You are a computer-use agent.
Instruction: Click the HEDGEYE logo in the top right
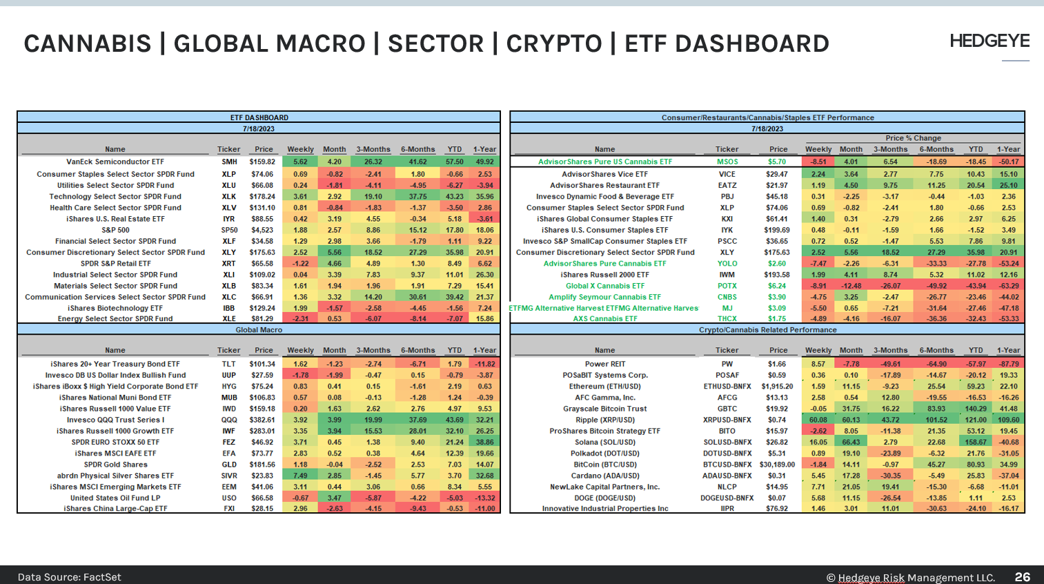(x=989, y=41)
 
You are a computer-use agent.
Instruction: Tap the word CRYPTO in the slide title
(x=554, y=43)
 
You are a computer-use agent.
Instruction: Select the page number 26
(x=1022, y=576)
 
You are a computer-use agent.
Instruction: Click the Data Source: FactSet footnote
(x=69, y=577)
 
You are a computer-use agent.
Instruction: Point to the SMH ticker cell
(x=229, y=162)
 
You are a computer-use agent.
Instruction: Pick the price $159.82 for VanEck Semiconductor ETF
(x=263, y=162)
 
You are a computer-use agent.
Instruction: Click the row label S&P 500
(x=115, y=230)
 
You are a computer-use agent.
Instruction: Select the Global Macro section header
(x=259, y=330)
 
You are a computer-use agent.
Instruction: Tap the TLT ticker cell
(x=229, y=364)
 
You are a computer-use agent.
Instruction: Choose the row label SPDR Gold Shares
(x=115, y=465)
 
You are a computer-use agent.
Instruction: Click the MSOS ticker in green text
(x=727, y=162)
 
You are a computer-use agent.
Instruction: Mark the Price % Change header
(x=913, y=138)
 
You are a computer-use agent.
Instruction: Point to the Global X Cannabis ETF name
(x=604, y=286)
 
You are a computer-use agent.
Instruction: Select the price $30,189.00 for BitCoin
(x=778, y=465)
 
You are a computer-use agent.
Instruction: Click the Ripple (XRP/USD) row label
(x=604, y=420)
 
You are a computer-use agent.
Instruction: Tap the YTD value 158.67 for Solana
(x=976, y=442)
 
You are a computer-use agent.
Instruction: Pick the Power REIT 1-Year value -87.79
(x=1008, y=364)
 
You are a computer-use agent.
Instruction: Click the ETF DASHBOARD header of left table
(x=259, y=117)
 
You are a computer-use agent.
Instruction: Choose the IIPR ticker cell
(x=727, y=509)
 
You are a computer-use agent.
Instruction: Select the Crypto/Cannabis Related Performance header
(x=767, y=330)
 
